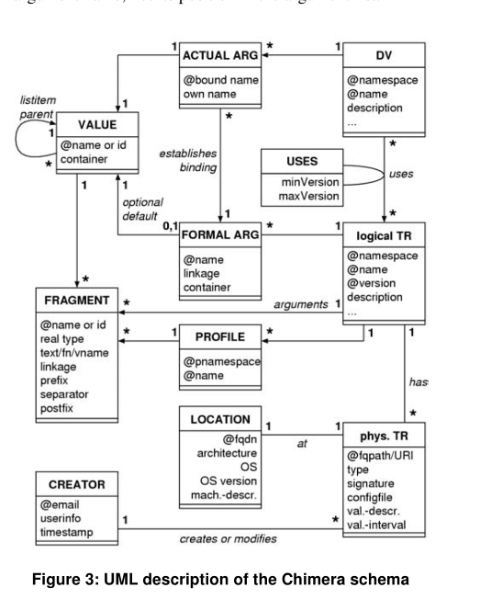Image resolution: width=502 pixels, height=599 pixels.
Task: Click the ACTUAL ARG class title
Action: (220, 55)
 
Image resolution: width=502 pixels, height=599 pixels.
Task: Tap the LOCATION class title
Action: (220, 419)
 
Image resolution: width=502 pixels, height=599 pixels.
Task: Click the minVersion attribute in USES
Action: (302, 181)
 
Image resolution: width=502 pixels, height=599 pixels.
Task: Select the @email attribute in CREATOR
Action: (61, 503)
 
